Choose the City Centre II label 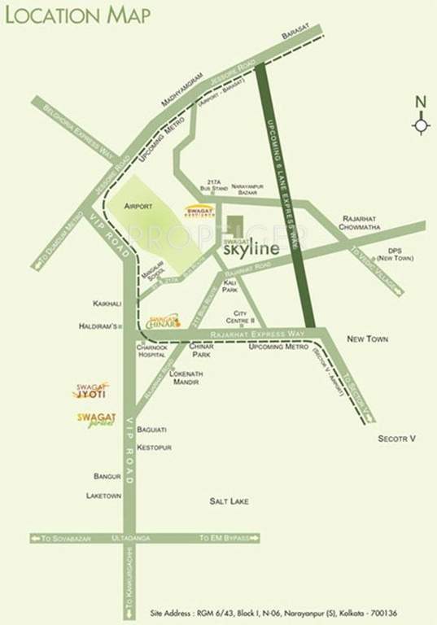246,317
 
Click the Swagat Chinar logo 164,321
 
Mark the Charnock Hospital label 151,350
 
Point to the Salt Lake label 229,501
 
